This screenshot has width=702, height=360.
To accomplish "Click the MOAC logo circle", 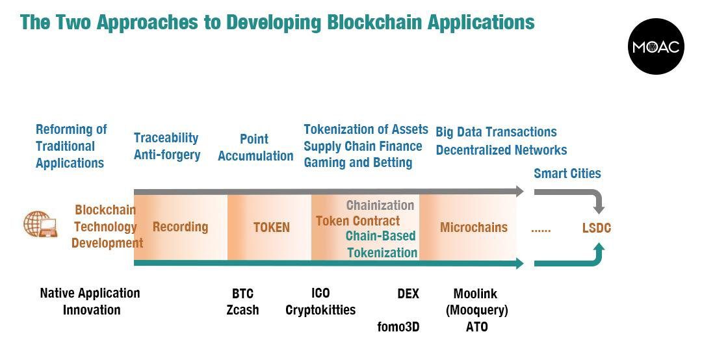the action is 656,46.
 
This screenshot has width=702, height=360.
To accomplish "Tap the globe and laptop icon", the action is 40,224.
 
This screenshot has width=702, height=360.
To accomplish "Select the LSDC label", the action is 596,228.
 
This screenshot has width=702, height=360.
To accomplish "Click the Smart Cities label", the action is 567,174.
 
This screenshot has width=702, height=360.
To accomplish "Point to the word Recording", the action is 181,227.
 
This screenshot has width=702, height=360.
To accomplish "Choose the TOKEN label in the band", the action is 272,227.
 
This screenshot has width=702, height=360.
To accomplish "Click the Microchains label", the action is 474,227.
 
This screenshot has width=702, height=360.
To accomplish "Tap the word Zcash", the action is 242,310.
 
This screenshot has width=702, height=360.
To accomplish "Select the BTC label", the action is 242,294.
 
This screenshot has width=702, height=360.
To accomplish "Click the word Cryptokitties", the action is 320,310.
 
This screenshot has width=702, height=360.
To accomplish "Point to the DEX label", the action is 408,294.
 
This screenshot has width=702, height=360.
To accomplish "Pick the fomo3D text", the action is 398,327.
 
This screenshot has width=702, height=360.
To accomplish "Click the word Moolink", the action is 475,294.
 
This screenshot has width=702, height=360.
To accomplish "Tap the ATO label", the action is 477,327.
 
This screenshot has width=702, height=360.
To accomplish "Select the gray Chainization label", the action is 380,205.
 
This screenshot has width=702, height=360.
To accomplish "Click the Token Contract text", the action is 357,221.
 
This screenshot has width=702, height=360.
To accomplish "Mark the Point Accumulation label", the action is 255,148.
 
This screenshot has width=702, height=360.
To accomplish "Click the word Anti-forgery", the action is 167,155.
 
